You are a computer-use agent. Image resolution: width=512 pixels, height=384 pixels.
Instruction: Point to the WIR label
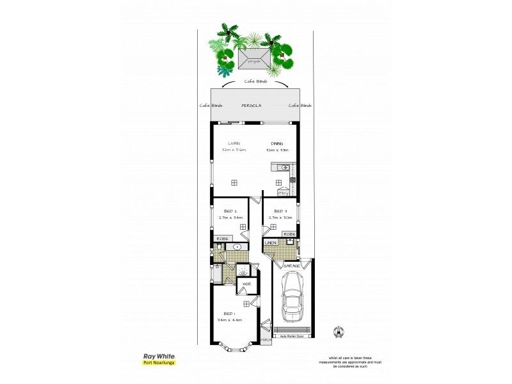click(246, 284)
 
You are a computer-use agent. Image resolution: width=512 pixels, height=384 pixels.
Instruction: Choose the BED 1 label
click(228, 313)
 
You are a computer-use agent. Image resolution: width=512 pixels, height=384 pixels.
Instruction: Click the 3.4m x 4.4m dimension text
click(230, 319)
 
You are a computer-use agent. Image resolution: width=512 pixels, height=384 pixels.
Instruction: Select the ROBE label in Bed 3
click(289, 234)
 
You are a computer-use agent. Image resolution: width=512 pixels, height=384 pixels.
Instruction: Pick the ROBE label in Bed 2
click(221, 239)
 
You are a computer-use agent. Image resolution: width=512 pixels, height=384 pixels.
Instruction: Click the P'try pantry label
click(282, 192)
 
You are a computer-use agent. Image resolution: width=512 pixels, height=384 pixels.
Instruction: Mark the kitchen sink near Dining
click(285, 168)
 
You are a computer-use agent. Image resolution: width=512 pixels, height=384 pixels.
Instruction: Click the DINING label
click(276, 143)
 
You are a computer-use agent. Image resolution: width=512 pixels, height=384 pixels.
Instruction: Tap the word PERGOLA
click(250, 105)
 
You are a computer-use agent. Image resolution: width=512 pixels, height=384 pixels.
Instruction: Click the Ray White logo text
click(157, 356)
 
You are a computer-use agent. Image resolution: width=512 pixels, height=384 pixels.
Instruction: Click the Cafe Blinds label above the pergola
click(255, 81)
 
